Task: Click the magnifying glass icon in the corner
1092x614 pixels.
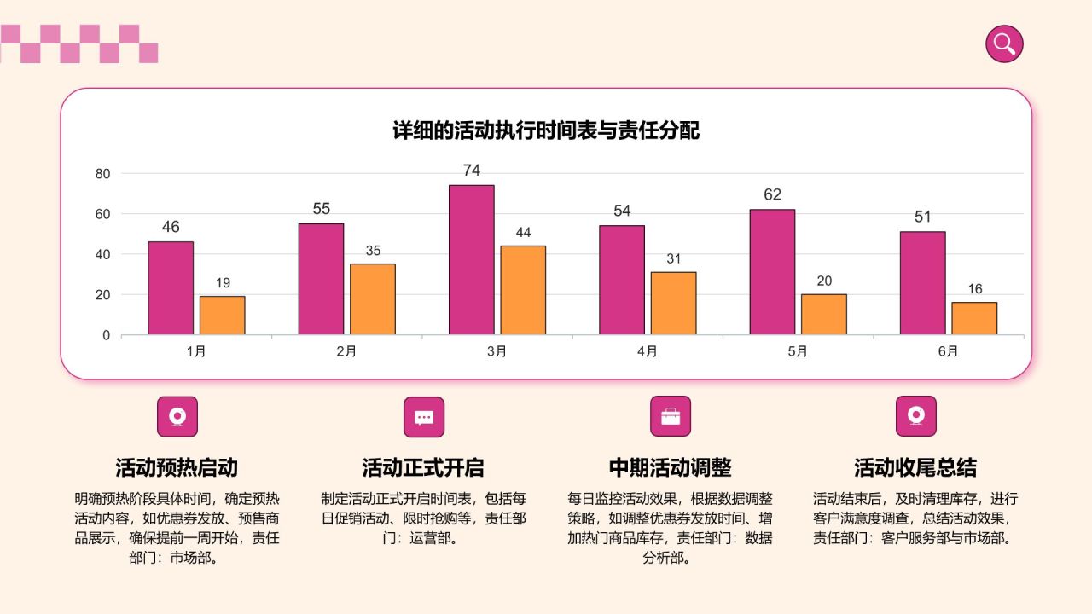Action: (1004, 43)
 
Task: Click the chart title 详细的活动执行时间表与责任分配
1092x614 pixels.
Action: (546, 130)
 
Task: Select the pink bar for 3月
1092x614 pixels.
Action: (472, 259)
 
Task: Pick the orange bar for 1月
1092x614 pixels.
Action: (222, 315)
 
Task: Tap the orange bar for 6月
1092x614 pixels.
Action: (974, 318)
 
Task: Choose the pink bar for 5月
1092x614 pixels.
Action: (772, 271)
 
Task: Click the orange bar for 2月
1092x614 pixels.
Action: (373, 298)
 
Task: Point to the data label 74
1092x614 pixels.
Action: (472, 171)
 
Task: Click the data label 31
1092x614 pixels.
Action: (673, 258)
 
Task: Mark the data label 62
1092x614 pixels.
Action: (772, 194)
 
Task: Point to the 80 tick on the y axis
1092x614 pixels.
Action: (102, 174)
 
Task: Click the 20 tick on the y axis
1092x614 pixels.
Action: (102, 295)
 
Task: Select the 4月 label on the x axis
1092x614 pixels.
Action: (648, 351)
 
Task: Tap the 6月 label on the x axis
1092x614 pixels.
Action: (948, 351)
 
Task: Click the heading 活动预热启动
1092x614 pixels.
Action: (177, 467)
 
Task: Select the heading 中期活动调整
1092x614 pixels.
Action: (670, 467)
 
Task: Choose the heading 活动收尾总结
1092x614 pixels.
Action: (915, 467)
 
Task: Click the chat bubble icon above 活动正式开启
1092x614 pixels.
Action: (424, 417)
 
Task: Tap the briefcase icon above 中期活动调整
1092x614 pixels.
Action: (671, 416)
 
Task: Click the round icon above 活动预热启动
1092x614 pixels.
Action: (177, 416)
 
